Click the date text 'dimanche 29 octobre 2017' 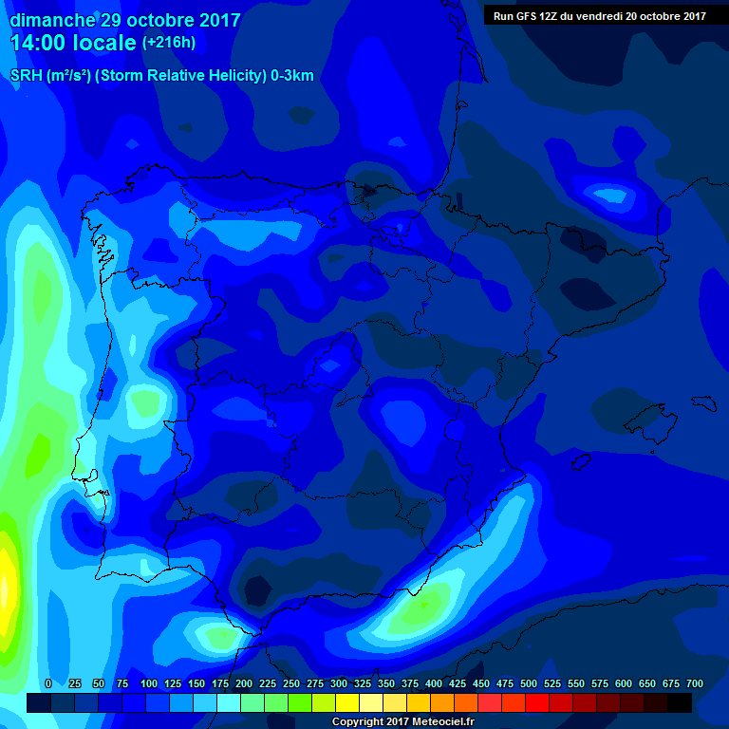pos(124,20)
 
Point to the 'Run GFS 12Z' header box pos(599,15)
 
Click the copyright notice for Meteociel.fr pos(402,721)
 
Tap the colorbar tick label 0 pos(48,683)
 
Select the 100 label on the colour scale pos(149,683)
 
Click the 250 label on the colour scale pos(291,683)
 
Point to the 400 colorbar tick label pos(434,683)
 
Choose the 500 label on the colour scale pos(529,683)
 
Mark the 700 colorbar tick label pos(695,683)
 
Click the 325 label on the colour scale pos(363,683)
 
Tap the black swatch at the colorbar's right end pos(680,703)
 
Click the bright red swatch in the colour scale pos(537,703)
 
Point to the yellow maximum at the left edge pos(6,579)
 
